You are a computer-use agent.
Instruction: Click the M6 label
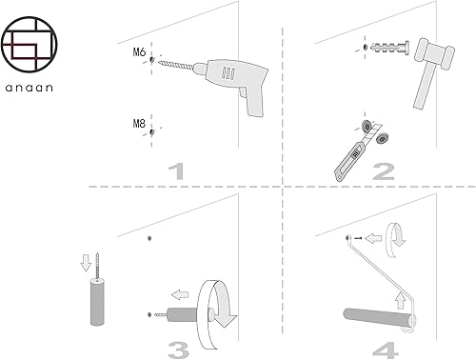[139, 51]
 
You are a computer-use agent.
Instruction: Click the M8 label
[139, 123]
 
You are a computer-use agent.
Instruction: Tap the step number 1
[176, 171]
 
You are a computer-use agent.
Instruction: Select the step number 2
[384, 171]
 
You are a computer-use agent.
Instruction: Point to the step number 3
[178, 350]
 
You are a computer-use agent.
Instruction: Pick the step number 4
[386, 350]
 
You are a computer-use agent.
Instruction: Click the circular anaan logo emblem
[30, 45]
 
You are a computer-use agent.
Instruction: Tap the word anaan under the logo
[30, 88]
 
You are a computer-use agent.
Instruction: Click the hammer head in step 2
[434, 53]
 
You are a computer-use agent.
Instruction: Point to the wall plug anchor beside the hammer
[389, 48]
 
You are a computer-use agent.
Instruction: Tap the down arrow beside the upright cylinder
[86, 263]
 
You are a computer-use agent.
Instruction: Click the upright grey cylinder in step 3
[97, 302]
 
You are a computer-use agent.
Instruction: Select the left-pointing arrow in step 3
[180, 294]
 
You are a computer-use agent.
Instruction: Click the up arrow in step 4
[401, 301]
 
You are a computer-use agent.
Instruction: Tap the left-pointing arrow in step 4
[373, 238]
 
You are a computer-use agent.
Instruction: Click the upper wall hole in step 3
[149, 238]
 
